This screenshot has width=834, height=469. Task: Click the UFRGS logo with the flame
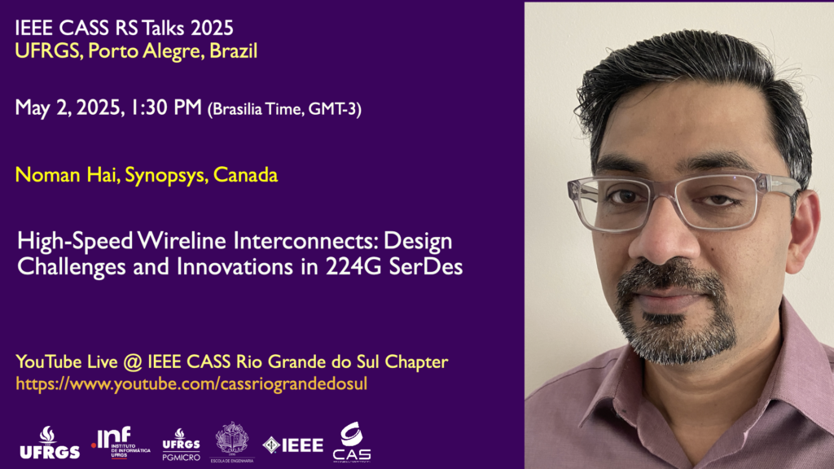click(50, 442)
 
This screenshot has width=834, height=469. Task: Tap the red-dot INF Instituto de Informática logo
click(121, 442)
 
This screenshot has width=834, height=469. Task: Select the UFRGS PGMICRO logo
click(182, 445)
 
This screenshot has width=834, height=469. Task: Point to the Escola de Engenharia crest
click(232, 442)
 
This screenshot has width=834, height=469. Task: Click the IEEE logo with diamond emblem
click(293, 445)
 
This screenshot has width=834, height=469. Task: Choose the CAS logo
click(352, 442)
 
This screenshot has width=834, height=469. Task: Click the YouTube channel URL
click(191, 384)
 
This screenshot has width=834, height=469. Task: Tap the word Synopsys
click(166, 176)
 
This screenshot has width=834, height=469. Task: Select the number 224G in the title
click(353, 266)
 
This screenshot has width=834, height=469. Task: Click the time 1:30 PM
click(166, 107)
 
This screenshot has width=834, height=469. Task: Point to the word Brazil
click(234, 51)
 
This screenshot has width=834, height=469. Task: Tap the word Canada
click(245, 175)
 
